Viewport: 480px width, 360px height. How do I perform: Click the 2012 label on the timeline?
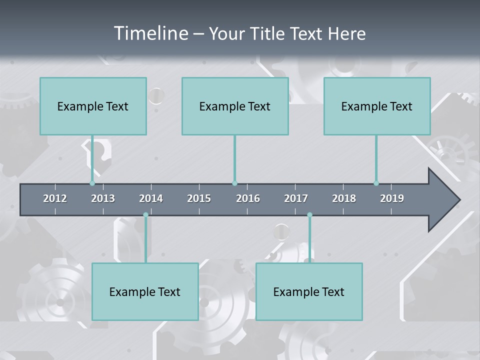55,198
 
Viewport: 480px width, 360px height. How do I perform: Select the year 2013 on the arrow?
103,198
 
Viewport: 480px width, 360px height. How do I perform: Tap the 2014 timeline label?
151,198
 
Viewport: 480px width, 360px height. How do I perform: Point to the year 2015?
199,198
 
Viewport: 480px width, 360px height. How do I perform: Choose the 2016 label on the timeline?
248,198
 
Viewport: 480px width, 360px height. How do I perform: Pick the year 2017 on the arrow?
296,198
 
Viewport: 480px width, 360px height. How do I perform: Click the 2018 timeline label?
344,198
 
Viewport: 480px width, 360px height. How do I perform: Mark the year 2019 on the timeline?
392,198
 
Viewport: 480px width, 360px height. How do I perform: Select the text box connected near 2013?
93,106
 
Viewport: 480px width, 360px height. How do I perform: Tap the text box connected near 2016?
235,106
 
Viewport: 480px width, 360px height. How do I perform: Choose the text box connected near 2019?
377,106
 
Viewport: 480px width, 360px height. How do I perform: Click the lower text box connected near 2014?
145,291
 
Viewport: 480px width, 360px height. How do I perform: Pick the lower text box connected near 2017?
309,291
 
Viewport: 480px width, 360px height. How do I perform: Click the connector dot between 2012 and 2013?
92,183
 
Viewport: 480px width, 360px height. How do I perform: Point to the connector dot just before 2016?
234,183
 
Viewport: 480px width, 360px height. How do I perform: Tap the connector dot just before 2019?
376,183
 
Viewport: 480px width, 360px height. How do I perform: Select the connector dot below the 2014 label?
145,215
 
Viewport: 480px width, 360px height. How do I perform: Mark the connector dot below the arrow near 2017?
309,215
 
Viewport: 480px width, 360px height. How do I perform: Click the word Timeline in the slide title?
150,33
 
